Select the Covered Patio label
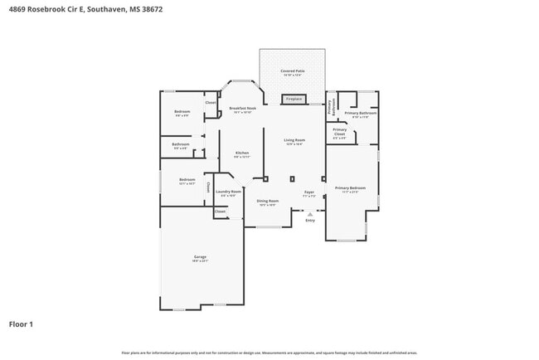(291, 72)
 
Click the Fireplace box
(294, 100)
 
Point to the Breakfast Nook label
(242, 109)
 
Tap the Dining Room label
(267, 201)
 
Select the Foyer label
(308, 192)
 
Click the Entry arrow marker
(310, 213)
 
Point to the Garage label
(201, 257)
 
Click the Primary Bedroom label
(350, 188)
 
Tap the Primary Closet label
(340, 132)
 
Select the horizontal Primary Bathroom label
(361, 113)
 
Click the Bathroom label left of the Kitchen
(181, 144)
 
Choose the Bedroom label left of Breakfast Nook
(182, 112)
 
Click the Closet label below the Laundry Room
(220, 212)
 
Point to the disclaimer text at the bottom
(269, 353)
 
